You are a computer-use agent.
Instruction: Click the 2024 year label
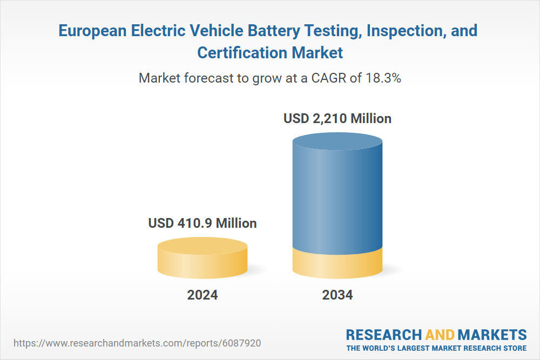pos(202,295)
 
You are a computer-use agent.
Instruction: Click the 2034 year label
pos(337,295)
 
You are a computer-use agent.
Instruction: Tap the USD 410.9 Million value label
pos(202,223)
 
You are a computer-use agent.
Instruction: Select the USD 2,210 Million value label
pos(337,118)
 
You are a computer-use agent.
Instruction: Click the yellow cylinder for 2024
pos(202,262)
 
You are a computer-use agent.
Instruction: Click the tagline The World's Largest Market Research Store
pos(436,348)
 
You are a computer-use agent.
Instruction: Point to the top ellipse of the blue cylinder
pos(337,145)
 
